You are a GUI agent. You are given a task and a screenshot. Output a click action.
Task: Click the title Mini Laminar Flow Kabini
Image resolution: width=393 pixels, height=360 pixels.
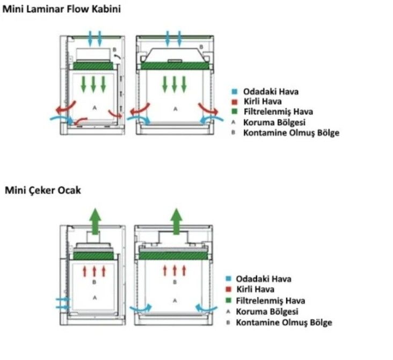[x=62, y=9]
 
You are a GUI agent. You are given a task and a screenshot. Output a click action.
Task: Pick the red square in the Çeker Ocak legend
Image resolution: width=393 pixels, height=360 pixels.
[x=228, y=290]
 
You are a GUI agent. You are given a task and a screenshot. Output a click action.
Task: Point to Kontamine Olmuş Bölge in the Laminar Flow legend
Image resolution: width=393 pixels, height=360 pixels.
[x=291, y=133]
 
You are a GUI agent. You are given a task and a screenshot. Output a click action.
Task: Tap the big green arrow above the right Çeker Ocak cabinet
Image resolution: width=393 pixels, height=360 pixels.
[x=175, y=220]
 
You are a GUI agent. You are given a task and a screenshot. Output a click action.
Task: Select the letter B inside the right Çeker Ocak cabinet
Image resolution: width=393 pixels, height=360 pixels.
[x=174, y=282]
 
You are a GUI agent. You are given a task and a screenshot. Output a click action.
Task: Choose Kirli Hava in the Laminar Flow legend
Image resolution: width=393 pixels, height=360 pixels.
[x=263, y=102]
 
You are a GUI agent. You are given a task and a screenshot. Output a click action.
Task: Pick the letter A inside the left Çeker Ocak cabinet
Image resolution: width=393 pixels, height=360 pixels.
[x=94, y=297]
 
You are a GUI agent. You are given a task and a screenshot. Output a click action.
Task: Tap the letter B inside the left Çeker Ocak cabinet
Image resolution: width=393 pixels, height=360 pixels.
[x=94, y=282]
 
